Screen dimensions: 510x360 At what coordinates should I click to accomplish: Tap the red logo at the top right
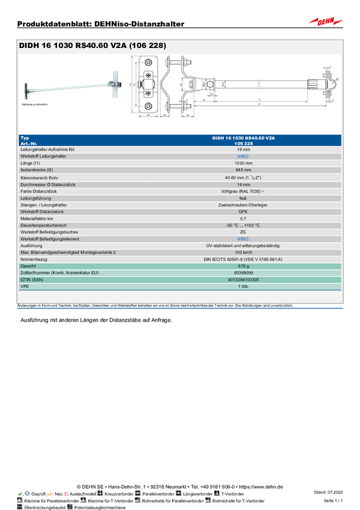(326, 22)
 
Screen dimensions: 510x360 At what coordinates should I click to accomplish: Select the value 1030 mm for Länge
(243, 163)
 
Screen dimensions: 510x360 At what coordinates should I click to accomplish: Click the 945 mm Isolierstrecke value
(243, 170)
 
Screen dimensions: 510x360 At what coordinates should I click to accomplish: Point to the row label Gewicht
(28, 266)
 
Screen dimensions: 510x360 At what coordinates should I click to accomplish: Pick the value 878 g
(243, 266)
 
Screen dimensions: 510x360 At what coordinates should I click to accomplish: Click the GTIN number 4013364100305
(243, 280)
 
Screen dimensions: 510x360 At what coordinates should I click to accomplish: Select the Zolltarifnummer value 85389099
(243, 273)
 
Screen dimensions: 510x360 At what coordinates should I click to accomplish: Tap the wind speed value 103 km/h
(243, 252)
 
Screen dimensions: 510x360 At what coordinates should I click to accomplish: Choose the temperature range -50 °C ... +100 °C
(243, 225)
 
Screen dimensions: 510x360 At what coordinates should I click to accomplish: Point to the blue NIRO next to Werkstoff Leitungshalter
(243, 156)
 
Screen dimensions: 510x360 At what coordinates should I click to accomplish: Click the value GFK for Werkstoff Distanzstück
(243, 211)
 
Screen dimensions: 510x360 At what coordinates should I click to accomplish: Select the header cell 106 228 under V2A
(243, 143)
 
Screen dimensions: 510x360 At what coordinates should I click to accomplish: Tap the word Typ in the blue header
(25, 138)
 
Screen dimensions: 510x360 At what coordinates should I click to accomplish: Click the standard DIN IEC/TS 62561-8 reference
(243, 259)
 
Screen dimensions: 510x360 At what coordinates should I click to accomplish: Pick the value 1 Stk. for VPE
(243, 287)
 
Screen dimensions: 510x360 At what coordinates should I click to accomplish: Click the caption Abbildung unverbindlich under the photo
(34, 104)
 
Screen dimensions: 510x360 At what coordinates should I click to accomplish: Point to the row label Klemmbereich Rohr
(40, 178)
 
